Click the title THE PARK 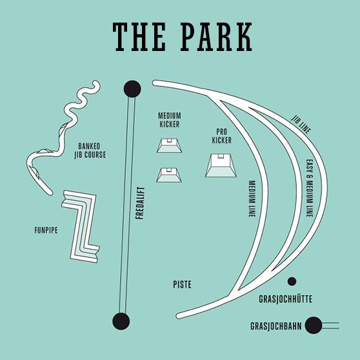(x=183, y=37)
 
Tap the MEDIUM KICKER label (x=170, y=119)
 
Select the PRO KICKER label (x=221, y=136)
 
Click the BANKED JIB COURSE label (x=90, y=150)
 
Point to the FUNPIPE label (x=46, y=230)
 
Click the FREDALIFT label (x=140, y=203)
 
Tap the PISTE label (x=182, y=285)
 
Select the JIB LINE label (x=301, y=125)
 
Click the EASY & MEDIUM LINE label (x=310, y=188)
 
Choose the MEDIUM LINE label (x=252, y=199)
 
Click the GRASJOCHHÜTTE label (x=285, y=299)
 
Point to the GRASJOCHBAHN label (x=275, y=326)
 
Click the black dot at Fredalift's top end (x=132, y=89)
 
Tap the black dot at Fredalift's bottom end (x=121, y=321)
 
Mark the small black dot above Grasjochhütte (x=292, y=281)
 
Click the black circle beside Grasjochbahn (x=314, y=325)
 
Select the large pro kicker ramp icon (x=221, y=165)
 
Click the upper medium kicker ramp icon (x=170, y=146)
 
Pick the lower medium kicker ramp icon (x=169, y=175)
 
